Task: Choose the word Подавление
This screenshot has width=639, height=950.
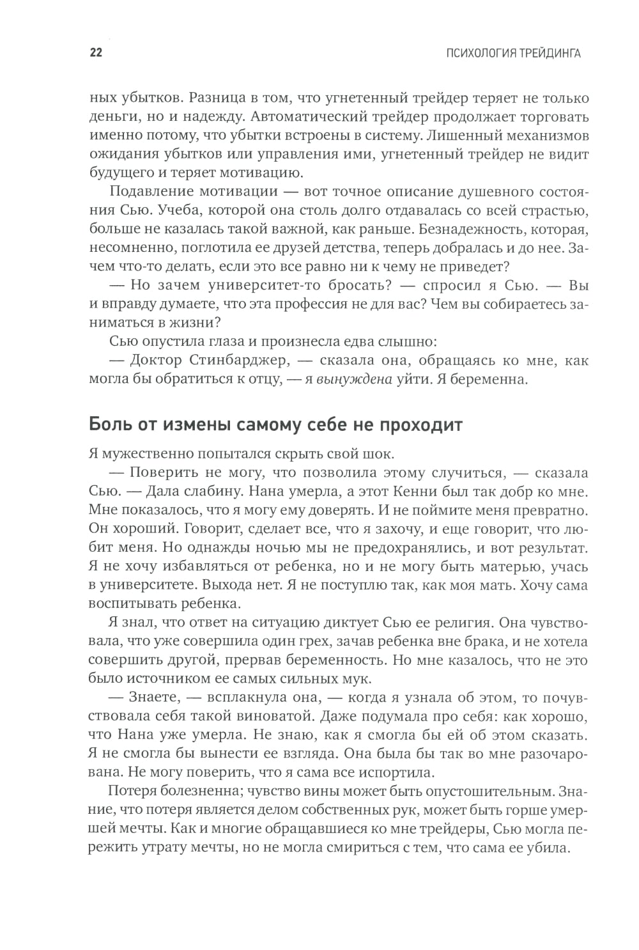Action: (151, 192)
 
